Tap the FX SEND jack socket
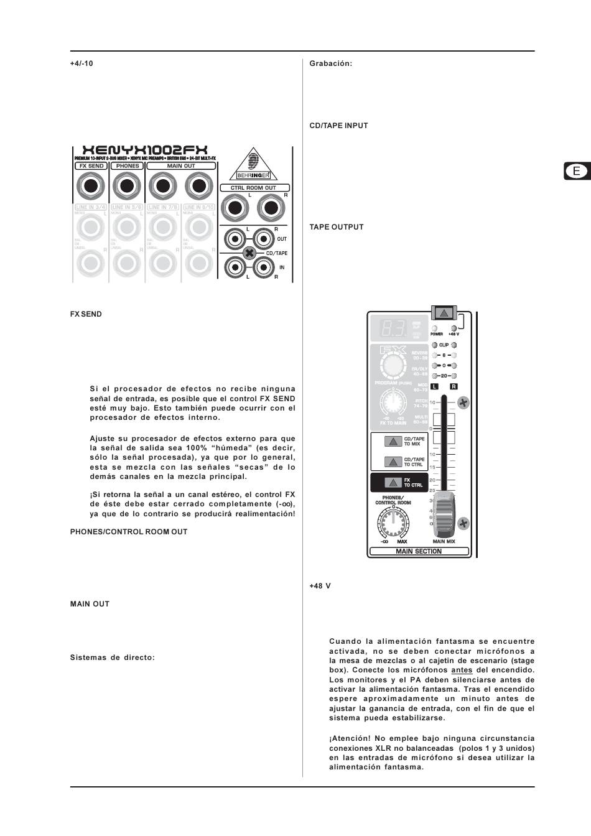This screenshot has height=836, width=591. (x=91, y=185)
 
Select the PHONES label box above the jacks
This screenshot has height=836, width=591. (x=128, y=166)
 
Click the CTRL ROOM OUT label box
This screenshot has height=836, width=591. (x=254, y=188)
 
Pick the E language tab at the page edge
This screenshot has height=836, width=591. (x=577, y=171)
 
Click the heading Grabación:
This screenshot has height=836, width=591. (x=331, y=63)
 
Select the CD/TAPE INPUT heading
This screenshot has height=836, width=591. (x=338, y=126)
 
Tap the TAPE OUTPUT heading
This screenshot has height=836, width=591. (x=337, y=227)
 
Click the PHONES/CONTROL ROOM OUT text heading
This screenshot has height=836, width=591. (x=128, y=532)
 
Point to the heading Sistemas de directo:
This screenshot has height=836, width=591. (x=112, y=657)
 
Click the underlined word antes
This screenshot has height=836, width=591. (x=462, y=670)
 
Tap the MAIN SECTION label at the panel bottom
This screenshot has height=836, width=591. (x=419, y=551)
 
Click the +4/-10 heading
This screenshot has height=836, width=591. (x=81, y=63)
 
